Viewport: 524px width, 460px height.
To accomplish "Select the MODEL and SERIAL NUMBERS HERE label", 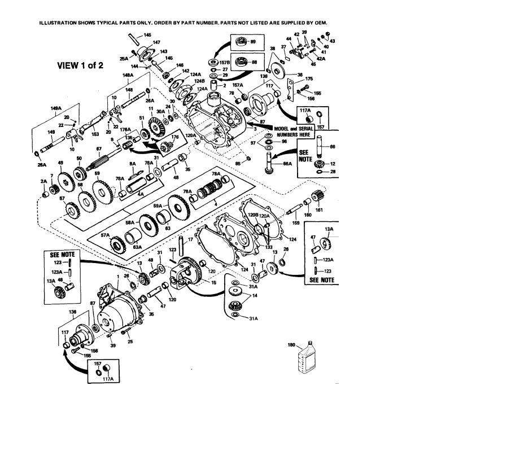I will pyautogui.click(x=294, y=132).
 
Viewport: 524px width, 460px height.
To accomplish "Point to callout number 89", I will pyautogui.click(x=253, y=42).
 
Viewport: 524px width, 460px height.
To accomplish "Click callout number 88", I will pyautogui.click(x=253, y=63).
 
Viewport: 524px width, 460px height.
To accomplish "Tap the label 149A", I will pyautogui.click(x=55, y=107).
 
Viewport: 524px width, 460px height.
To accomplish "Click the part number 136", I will pyautogui.click(x=72, y=312).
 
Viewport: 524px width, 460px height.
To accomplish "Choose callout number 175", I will pyautogui.click(x=309, y=79).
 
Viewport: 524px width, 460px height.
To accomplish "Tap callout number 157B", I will pyautogui.click(x=225, y=63).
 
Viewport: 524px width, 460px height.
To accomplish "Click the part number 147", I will pyautogui.click(x=156, y=42).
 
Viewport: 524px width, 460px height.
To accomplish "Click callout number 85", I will pyautogui.click(x=238, y=163).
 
